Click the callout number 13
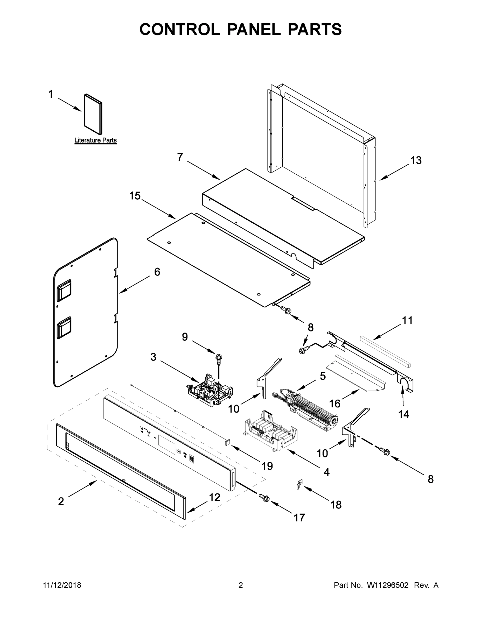[416, 161]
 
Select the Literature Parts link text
[95, 140]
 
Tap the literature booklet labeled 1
[93, 114]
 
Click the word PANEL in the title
[254, 29]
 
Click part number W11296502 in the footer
[388, 585]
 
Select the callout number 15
[135, 196]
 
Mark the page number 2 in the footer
[241, 585]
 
